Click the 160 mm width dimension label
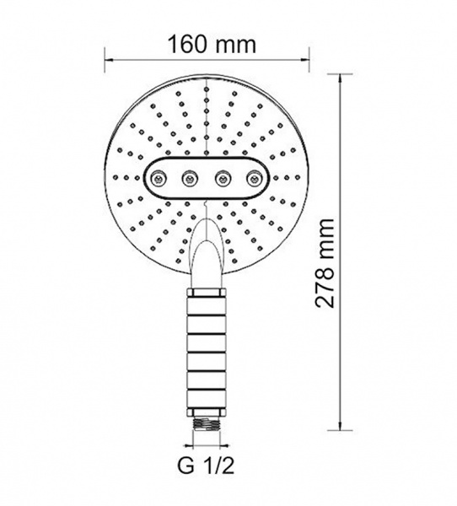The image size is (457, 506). [212, 45]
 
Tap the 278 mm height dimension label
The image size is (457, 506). [324, 263]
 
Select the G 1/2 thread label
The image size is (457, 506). [205, 466]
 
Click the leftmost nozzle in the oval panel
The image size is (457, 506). [158, 178]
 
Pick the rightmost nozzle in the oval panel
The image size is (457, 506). [254, 178]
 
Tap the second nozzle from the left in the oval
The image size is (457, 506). [190, 178]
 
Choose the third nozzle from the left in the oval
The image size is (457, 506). [222, 178]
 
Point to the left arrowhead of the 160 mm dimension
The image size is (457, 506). [109, 59]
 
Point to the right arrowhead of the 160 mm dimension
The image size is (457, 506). [305, 59]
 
